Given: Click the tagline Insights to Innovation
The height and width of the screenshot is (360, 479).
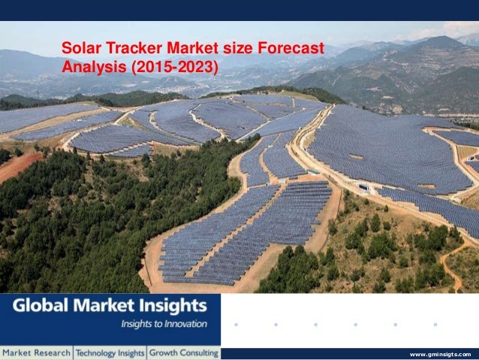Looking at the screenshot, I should coord(164,324).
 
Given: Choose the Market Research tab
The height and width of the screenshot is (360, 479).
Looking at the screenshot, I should coord(36,352).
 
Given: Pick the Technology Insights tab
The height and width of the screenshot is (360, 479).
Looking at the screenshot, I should coord(110,352).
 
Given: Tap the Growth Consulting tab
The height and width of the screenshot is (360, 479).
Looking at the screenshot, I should coord(183,352).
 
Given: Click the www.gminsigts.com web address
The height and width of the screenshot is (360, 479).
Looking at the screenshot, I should coord(441,353).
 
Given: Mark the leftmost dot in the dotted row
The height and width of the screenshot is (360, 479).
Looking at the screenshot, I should coord(236,325).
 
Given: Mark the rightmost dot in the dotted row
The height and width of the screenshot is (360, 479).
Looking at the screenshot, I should coord(435,325).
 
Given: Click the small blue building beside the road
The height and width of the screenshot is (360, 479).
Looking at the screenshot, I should coord(363,186).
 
